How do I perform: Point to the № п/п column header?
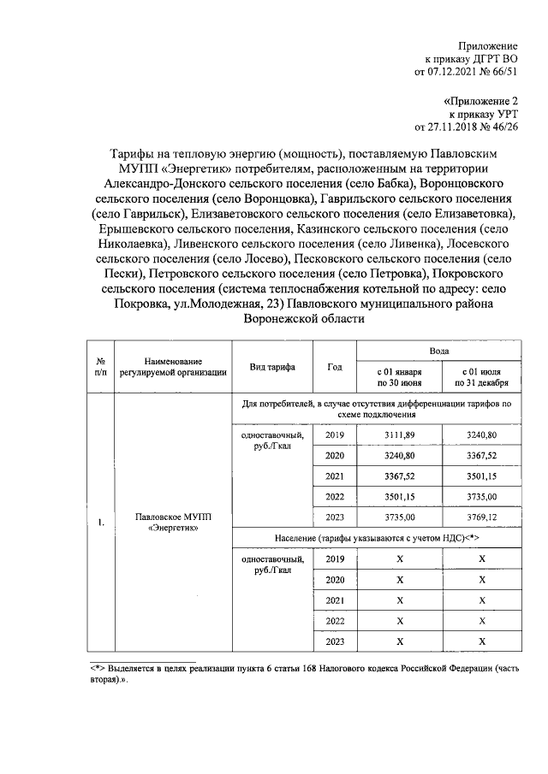100,366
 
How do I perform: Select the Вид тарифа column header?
272,366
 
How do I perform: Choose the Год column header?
335,366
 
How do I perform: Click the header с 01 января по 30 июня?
399,377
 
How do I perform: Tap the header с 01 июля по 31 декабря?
482,377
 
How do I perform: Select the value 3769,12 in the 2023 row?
482,517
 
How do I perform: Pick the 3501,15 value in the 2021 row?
482,476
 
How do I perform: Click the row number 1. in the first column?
100,523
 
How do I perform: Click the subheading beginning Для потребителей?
378,406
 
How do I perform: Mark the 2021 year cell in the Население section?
335,600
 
